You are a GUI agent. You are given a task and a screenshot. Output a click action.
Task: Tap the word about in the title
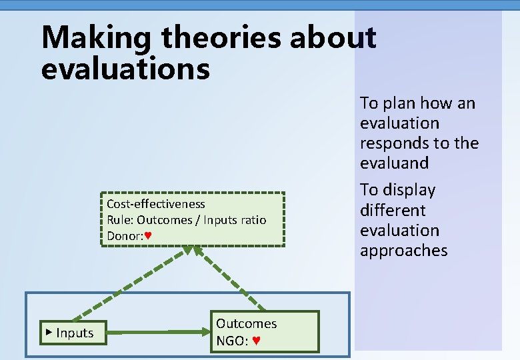(333, 38)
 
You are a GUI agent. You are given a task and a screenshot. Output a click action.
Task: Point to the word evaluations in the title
(125, 69)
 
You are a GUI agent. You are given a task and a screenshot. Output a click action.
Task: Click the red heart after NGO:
(257, 341)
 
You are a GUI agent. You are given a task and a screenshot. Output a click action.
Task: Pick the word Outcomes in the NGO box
(246, 324)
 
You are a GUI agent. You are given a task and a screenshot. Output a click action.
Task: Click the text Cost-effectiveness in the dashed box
(156, 204)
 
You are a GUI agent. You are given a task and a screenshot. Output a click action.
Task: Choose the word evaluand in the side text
(394, 163)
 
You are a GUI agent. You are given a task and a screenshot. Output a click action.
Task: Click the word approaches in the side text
(403, 251)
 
